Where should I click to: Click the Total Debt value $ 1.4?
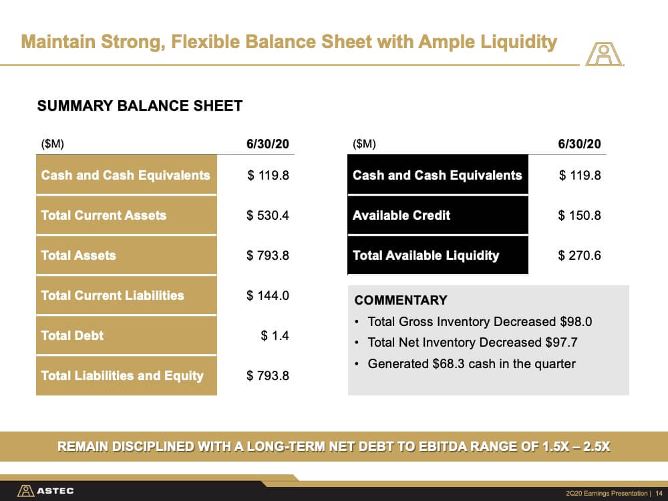(275, 336)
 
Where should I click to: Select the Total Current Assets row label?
(104, 215)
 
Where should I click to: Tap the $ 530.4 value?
(268, 216)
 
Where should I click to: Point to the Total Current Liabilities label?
(112, 295)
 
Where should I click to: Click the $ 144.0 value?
(268, 296)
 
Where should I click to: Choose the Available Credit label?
(401, 215)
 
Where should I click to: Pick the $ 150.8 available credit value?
(579, 216)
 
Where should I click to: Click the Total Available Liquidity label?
(426, 255)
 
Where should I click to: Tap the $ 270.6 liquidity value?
(579, 256)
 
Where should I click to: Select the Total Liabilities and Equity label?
(122, 375)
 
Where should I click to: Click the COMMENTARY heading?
(401, 300)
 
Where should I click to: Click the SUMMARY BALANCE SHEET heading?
(140, 106)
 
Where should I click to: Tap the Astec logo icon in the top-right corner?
(604, 53)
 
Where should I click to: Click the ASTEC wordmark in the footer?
(55, 491)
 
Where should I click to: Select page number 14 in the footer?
(659, 494)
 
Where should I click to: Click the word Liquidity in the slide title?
(518, 41)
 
